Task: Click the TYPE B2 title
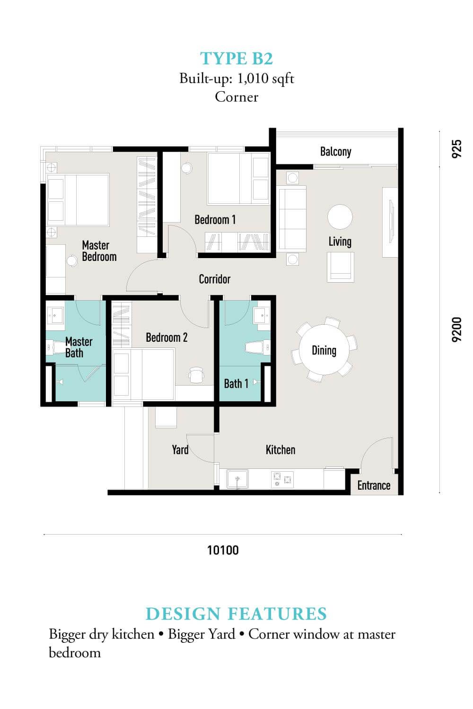pos(236,59)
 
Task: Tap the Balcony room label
pos(335,152)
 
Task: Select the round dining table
pos(324,350)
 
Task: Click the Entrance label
pos(374,485)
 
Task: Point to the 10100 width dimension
pos(223,550)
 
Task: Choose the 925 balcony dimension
pos(456,149)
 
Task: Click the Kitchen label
pos(280,450)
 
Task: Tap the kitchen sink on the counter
pos(237,479)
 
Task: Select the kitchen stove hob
pos(282,479)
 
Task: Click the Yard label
pos(180,450)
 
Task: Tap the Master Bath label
pos(79,347)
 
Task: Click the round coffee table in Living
pos(340,217)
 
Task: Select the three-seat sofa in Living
pos(292,219)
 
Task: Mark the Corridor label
pos(214,279)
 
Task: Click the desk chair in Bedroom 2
pos(196,375)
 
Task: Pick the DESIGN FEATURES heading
pos(236,614)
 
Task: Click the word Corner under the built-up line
pos(236,97)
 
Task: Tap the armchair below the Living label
pos(341,267)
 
